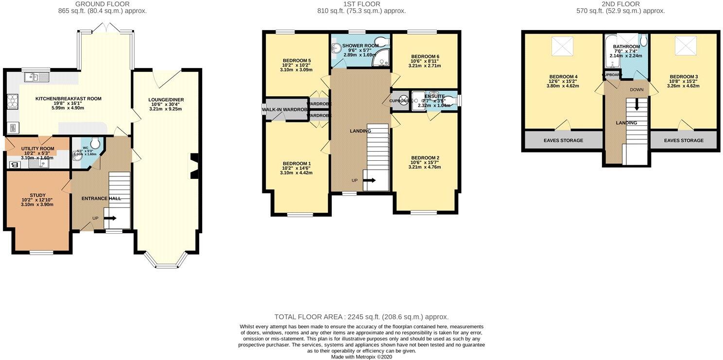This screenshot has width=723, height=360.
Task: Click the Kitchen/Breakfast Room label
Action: point(69,99)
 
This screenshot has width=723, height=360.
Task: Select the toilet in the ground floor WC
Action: point(95,143)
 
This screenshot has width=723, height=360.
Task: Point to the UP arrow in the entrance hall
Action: point(109,218)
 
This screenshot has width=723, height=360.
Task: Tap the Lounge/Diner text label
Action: point(166,100)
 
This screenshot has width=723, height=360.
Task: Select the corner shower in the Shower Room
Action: point(381,58)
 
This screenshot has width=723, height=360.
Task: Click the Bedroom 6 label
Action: point(425,56)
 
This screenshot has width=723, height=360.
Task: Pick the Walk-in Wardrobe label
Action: point(285,110)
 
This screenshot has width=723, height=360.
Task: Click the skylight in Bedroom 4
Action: point(563,47)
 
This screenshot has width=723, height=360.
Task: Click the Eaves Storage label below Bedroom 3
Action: point(684,140)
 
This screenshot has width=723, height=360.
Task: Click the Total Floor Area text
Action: point(361,316)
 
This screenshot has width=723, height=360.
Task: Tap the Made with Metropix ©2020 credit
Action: point(361,357)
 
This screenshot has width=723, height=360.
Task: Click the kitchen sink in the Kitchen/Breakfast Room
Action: point(35,77)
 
